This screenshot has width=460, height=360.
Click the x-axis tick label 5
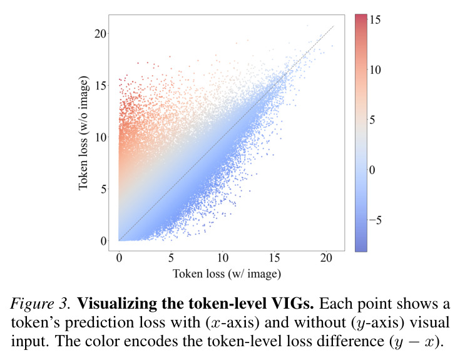[171, 258]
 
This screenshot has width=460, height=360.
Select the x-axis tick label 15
[274, 258]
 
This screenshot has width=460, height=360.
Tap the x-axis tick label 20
[326, 258]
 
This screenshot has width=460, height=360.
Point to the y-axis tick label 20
[100, 34]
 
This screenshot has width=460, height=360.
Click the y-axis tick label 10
[100, 137]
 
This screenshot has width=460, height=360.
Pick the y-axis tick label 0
[103, 241]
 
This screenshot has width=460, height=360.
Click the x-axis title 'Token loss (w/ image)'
[227, 274]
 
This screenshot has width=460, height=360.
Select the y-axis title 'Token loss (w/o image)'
[84, 133]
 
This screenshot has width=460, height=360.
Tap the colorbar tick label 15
[374, 19]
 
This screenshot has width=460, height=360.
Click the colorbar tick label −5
[375, 220]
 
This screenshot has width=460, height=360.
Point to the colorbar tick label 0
[372, 170]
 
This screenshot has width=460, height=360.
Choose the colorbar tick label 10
[374, 69]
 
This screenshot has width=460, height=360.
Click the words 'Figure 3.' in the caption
[40, 304]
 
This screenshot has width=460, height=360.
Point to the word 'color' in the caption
[105, 341]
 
